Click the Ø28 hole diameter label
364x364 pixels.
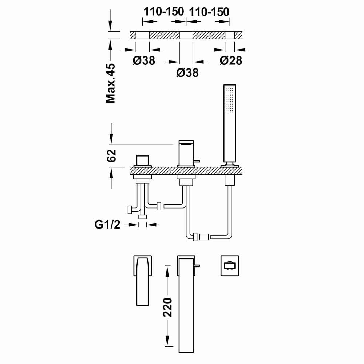[x=231, y=60]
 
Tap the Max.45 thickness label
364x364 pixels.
[x=111, y=83]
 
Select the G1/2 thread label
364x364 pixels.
[x=107, y=225]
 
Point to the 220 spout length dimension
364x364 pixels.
[x=167, y=307]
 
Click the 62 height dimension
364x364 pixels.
[x=111, y=155]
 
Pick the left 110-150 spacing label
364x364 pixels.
[x=164, y=11]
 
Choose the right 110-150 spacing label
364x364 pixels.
[x=209, y=12]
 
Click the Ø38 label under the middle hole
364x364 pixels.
[x=187, y=73]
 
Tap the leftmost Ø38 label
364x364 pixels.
[x=144, y=60]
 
